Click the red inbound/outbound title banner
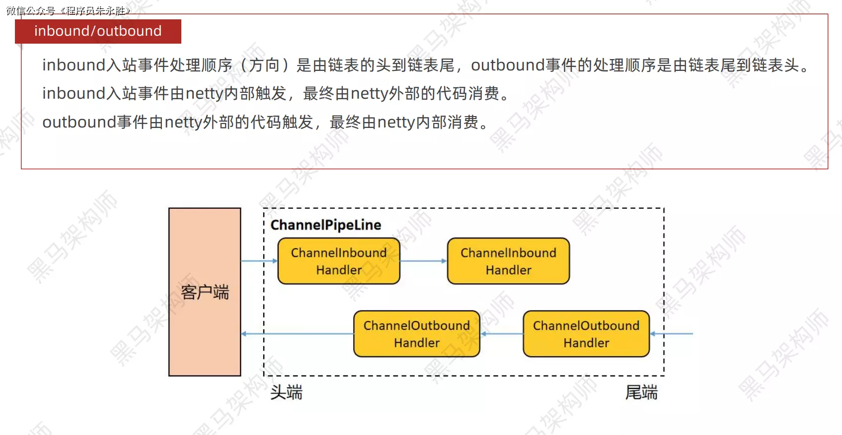[98, 31]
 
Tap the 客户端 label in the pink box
[205, 292]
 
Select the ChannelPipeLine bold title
[326, 225]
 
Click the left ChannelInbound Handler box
[339, 261]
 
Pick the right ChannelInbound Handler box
[508, 261]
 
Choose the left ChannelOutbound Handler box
[417, 334]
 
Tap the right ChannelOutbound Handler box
[586, 334]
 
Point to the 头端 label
[286, 392]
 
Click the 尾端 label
[641, 392]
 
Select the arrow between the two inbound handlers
[423, 261]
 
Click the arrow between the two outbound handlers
[502, 334]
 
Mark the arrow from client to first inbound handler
[259, 261]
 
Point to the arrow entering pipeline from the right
[672, 334]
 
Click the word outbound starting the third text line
[79, 122]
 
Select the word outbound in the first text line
[508, 65]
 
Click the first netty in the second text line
[204, 93]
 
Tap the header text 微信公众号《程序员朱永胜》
[69, 10]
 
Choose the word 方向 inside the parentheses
[264, 65]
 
